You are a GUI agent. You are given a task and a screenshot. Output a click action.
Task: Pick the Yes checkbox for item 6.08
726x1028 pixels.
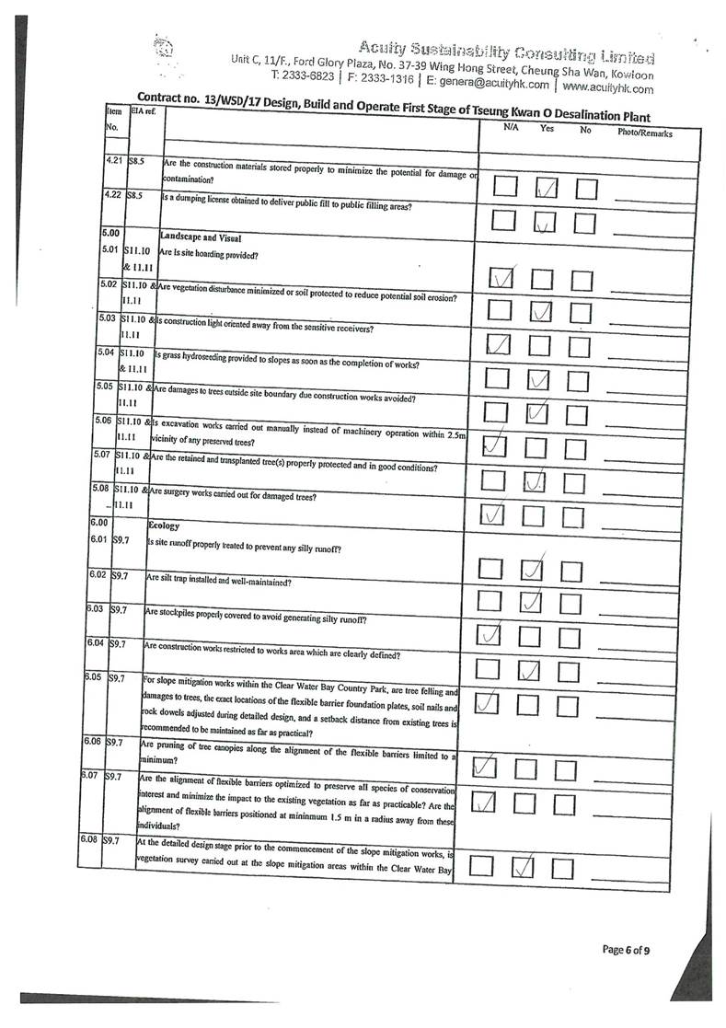[523, 867]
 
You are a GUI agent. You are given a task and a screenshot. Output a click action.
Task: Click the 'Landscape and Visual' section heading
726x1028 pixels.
[200, 237]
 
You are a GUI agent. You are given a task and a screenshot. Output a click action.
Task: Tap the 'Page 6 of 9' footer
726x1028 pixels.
[630, 949]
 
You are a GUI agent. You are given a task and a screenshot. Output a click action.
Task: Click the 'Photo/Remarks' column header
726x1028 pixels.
[645, 133]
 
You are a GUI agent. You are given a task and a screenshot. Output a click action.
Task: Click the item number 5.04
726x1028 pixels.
[109, 352]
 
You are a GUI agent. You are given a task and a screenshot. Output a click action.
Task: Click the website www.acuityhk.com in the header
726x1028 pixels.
[607, 88]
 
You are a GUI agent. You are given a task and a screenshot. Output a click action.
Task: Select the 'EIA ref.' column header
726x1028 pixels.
[144, 111]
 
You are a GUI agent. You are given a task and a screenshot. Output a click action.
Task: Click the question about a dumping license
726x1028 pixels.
[286, 207]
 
